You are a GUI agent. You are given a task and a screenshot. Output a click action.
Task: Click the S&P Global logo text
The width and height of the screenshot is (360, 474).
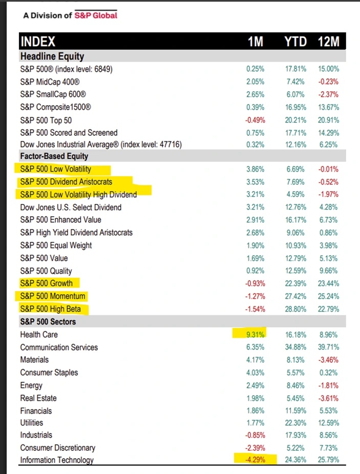(96, 15)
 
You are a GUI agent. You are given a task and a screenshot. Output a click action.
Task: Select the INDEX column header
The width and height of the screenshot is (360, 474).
(37, 42)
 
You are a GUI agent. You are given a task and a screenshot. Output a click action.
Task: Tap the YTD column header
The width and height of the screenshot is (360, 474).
(295, 42)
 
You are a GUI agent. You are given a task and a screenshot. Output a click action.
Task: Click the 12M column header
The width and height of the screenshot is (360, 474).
(328, 42)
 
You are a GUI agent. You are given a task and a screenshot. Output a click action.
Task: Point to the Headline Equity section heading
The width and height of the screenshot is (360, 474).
(52, 56)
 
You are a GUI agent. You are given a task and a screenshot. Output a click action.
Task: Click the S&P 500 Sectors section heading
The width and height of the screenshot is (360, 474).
(48, 322)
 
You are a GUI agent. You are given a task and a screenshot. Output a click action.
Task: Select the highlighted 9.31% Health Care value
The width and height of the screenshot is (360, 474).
(255, 335)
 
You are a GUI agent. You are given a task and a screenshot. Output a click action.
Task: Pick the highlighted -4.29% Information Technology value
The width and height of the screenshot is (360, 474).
(255, 460)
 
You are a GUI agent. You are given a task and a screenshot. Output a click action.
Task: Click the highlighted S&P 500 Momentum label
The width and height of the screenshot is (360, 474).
(53, 296)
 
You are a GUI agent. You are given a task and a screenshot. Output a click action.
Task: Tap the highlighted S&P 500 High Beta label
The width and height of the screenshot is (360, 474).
(50, 309)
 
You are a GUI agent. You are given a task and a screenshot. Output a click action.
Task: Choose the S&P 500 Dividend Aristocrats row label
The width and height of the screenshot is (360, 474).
(66, 182)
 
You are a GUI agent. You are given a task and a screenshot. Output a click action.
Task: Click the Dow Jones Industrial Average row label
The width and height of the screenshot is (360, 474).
(101, 145)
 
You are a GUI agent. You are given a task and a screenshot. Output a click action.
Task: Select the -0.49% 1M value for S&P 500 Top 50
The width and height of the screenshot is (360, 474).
(255, 119)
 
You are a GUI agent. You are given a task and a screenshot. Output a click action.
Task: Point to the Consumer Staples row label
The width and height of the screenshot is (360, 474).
(49, 373)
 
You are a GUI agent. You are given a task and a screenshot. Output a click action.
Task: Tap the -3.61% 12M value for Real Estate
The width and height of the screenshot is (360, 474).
(328, 398)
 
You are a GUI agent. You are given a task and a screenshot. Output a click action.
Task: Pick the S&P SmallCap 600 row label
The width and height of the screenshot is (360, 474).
(51, 94)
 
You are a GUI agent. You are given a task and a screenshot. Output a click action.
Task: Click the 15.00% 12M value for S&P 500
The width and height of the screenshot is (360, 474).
(328, 69)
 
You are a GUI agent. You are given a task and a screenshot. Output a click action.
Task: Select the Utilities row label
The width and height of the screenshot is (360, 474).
(32, 423)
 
